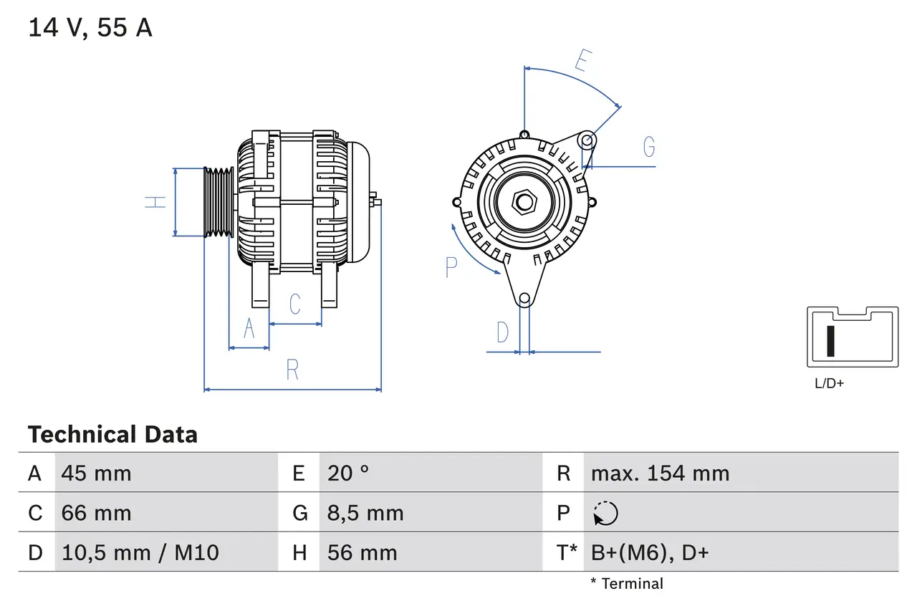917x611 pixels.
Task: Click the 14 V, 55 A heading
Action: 90,28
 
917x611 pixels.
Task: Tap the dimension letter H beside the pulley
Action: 155,202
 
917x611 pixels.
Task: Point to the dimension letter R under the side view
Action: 292,370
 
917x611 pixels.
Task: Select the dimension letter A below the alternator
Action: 249,328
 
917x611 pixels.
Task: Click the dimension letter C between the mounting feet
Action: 295,304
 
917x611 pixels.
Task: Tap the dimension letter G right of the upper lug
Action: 649,147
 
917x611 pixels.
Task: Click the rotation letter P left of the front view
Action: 451,267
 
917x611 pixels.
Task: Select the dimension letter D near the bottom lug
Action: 503,332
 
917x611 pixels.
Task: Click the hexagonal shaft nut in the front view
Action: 524,202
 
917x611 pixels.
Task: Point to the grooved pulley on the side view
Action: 219,202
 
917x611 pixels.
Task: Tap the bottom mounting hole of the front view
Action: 524,298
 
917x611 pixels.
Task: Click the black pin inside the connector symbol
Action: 830,341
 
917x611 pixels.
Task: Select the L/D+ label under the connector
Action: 829,383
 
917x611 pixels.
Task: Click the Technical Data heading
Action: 112,434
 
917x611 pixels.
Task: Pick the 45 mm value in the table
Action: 97,473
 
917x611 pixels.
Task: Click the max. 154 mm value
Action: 660,473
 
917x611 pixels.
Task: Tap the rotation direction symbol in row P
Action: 605,513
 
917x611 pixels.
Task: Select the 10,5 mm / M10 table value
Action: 140,552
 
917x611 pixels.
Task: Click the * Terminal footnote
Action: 627,584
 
